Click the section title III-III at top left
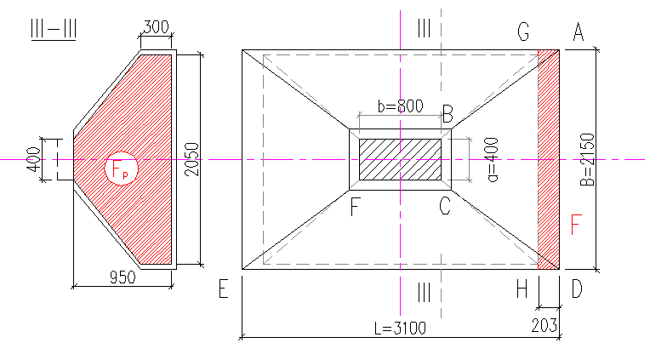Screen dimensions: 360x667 pyautogui.click(x=54, y=26)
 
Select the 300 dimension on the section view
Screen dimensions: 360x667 pyautogui.click(x=156, y=27)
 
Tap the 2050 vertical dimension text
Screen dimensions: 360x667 pyautogui.click(x=191, y=158)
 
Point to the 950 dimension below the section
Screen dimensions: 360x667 pyautogui.click(x=123, y=277)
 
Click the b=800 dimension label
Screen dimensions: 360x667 pyautogui.click(x=399, y=107)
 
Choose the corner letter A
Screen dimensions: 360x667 pyautogui.click(x=578, y=32)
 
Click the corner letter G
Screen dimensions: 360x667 pyautogui.click(x=524, y=32)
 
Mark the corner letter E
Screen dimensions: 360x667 pyautogui.click(x=224, y=289)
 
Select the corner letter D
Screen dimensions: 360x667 pyautogui.click(x=577, y=289)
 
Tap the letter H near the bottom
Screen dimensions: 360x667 pyautogui.click(x=523, y=289)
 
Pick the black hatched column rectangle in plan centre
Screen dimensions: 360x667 pyautogui.click(x=399, y=159)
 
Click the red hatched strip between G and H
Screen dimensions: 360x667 pyautogui.click(x=548, y=159)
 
